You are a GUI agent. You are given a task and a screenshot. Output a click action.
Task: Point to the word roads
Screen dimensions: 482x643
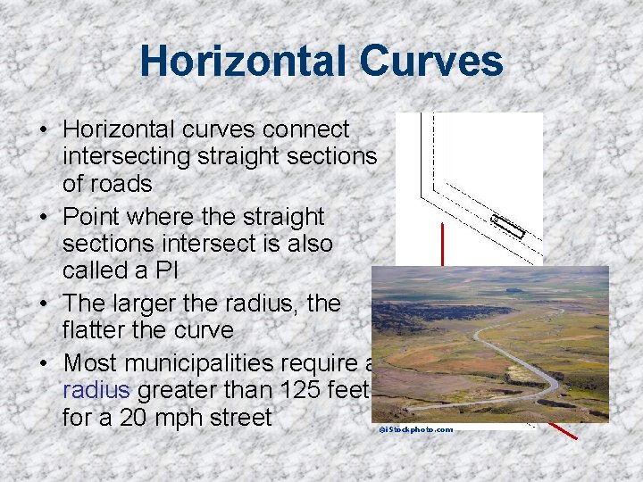tap(121, 184)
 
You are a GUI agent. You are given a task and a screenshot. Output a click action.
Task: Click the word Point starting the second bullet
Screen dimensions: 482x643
tap(94, 217)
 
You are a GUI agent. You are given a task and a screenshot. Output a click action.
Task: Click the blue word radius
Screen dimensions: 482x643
tap(96, 390)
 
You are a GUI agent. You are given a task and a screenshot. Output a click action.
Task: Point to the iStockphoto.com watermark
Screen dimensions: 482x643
tap(415, 429)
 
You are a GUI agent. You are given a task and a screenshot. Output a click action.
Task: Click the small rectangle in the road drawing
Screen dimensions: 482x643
tap(508, 227)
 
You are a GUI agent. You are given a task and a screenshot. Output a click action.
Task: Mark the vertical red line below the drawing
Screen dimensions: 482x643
tap(442, 245)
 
